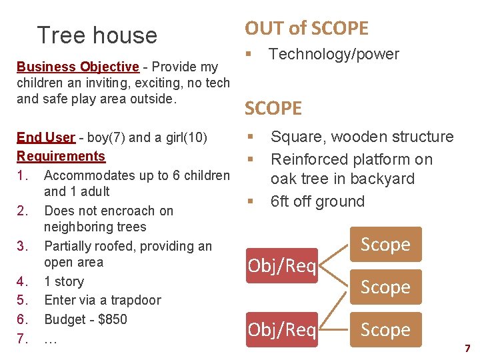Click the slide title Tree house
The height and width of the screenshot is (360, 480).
pyautogui.click(x=97, y=35)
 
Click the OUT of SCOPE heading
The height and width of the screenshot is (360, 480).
pyautogui.click(x=306, y=28)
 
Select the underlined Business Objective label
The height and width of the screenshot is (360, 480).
pyautogui.click(x=77, y=67)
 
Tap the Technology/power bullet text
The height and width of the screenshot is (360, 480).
pyautogui.click(x=333, y=55)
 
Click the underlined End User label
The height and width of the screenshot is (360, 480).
pyautogui.click(x=45, y=137)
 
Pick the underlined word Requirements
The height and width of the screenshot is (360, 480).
pyautogui.click(x=61, y=156)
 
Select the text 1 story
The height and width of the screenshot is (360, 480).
pyautogui.click(x=63, y=281)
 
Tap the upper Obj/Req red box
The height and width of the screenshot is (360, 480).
pyautogui.click(x=282, y=266)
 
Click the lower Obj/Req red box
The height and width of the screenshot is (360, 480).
pyautogui.click(x=282, y=330)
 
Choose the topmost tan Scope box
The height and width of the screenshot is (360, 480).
pyautogui.click(x=385, y=245)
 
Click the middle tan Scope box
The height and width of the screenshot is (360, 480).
pyautogui.click(x=385, y=287)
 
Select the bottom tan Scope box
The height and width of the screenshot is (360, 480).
pyautogui.click(x=385, y=330)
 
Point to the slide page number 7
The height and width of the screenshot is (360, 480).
pyautogui.click(x=467, y=348)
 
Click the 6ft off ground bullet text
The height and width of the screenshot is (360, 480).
pyautogui.click(x=317, y=201)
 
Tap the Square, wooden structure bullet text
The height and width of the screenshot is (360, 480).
pyautogui.click(x=361, y=137)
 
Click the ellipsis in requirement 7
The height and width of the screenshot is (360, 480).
pyautogui.click(x=50, y=339)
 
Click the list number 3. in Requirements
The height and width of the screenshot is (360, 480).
pyautogui.click(x=23, y=246)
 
